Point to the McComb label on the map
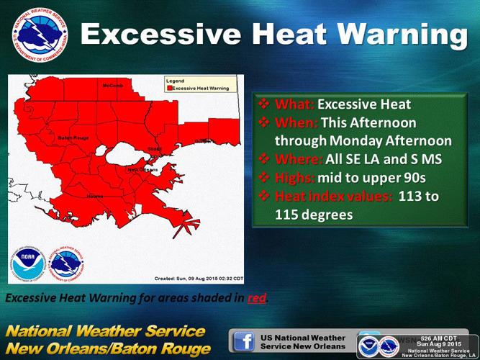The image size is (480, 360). coord(112,86)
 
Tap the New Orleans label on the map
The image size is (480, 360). coord(143,169)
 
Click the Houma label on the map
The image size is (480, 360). coord(95,195)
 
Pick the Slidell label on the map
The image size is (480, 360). coord(155,149)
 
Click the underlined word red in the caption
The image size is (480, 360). coord(256,297)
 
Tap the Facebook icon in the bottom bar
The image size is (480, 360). coord(243,340)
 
